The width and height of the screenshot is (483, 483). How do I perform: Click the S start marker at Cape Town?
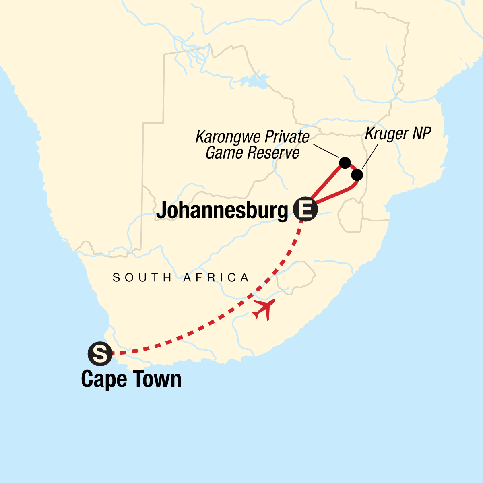pyautogui.click(x=99, y=354)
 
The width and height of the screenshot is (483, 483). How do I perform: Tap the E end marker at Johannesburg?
pyautogui.click(x=305, y=209)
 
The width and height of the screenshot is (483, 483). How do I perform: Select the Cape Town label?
pyautogui.click(x=131, y=380)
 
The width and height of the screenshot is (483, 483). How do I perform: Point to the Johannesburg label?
pyautogui.click(x=222, y=210)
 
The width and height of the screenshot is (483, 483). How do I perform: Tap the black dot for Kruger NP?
pyautogui.click(x=357, y=175)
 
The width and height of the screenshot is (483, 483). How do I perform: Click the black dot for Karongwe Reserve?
pyautogui.click(x=345, y=163)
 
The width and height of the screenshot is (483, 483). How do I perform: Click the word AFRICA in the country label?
pyautogui.click(x=217, y=278)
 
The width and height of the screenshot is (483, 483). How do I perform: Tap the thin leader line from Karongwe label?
pyautogui.click(x=326, y=151)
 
